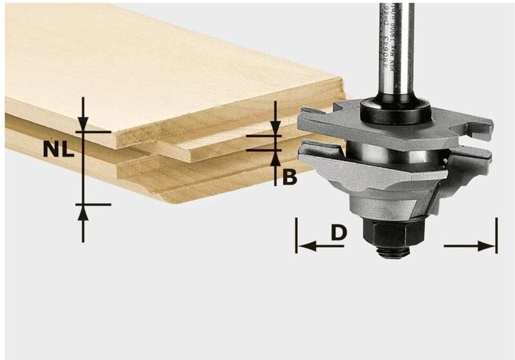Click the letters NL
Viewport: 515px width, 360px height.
click(x=58, y=148)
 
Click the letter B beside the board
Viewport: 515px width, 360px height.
click(x=290, y=176)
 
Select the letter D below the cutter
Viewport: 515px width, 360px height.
click(x=339, y=232)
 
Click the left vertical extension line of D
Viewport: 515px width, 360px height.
click(x=296, y=235)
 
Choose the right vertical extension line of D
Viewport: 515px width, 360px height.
click(x=496, y=235)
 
